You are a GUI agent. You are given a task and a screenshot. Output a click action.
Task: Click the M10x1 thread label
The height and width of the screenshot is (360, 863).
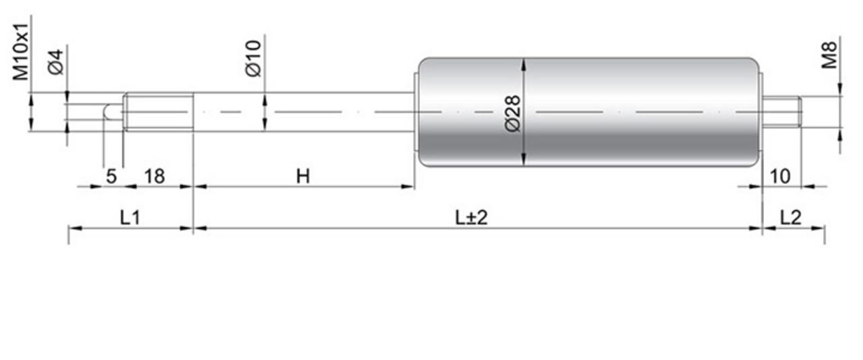20,51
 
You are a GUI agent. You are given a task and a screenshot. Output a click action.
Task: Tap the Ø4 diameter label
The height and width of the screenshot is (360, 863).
55,62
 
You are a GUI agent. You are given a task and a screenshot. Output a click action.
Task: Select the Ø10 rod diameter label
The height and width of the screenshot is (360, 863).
253,58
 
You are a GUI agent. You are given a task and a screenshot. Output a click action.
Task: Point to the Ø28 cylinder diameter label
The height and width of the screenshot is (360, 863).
513,114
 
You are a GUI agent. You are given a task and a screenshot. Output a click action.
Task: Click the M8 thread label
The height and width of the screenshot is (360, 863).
829,55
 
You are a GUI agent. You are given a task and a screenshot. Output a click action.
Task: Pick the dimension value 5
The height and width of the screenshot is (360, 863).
111,176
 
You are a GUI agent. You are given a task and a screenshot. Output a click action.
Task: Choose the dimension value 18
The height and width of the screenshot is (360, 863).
154,176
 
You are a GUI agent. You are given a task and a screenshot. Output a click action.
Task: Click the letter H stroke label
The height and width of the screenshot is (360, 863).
303,176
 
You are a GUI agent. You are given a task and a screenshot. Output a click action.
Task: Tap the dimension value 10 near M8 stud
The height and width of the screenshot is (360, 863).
780,176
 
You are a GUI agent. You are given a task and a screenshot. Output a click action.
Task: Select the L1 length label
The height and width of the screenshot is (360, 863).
130,218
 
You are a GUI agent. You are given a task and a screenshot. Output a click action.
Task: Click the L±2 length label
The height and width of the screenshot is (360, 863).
471,218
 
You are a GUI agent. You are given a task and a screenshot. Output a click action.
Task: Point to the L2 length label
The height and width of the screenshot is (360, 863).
791,218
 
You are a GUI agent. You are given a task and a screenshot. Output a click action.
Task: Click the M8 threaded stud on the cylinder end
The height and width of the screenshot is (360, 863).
782,112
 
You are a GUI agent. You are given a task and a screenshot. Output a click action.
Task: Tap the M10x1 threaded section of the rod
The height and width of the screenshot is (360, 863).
158,112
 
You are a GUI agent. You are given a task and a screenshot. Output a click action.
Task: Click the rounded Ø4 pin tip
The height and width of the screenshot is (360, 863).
113,112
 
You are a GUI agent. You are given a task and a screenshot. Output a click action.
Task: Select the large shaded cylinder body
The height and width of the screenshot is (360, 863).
589,112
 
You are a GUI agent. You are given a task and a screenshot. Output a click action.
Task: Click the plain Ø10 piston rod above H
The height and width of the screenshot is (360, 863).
303,112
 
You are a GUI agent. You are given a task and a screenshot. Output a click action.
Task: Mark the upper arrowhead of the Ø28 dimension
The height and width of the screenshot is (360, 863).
523,64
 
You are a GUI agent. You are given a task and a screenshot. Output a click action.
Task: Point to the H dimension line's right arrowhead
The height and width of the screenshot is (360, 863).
408,187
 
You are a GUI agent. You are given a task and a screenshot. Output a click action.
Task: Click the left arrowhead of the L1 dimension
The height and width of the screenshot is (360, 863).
76,228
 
